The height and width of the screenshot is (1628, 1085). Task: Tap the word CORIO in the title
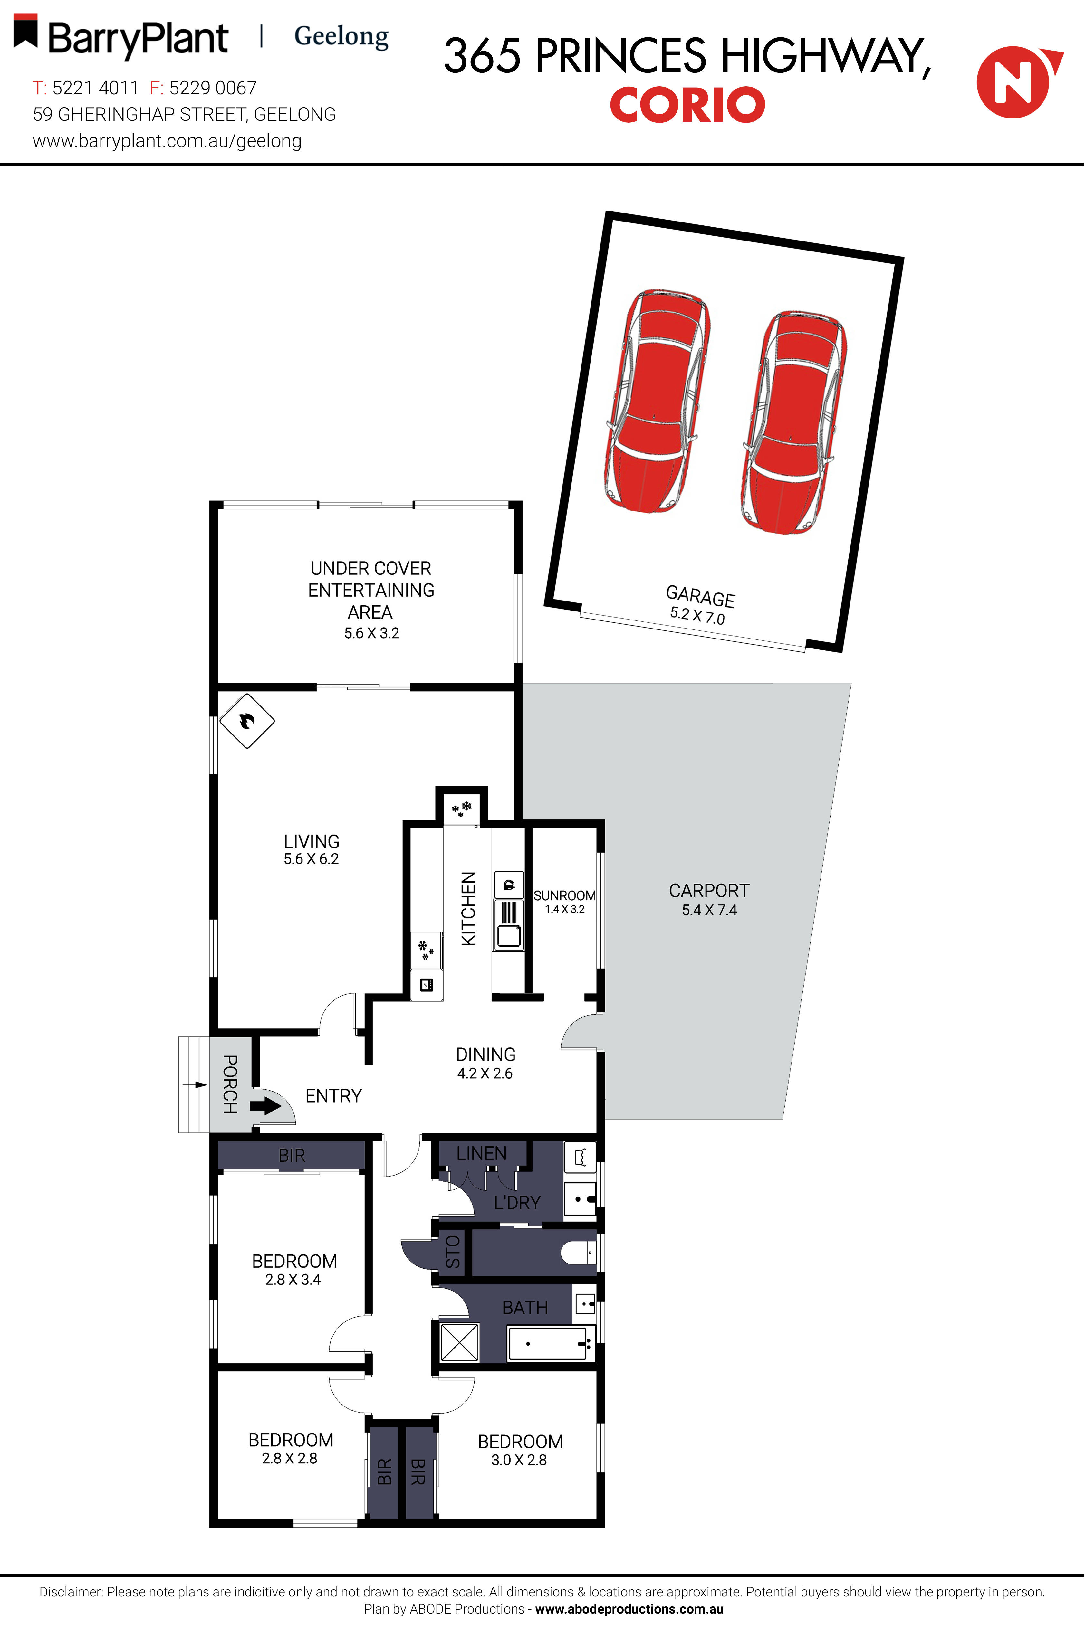[x=687, y=105]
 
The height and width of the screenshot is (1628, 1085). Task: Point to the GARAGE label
[x=700, y=596]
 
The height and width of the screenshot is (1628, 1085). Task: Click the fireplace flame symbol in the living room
[x=247, y=721]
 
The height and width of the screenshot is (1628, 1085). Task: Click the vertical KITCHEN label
[x=468, y=908]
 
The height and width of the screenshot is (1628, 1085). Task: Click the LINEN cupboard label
[x=482, y=1154]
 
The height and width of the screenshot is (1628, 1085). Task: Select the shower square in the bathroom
[x=459, y=1342]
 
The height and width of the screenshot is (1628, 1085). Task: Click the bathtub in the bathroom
[x=552, y=1343]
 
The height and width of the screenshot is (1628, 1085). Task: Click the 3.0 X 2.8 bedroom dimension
[x=519, y=1460]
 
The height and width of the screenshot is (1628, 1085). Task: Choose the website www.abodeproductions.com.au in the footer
[x=629, y=1609]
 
